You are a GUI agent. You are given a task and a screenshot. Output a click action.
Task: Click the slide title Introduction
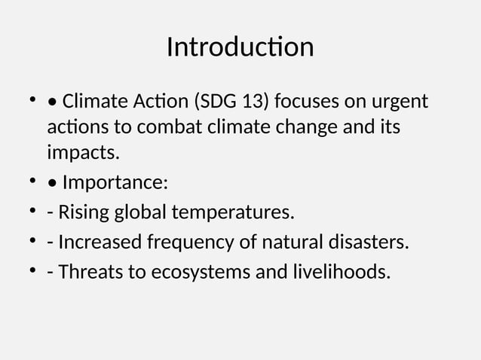[240, 47]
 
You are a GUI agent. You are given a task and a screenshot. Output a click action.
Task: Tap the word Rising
[83, 213]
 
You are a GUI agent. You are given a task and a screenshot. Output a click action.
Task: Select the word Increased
[98, 243]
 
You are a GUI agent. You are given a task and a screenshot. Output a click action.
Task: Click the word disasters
[369, 243]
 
